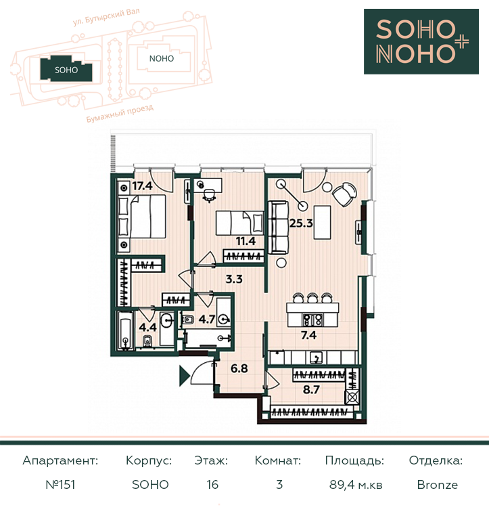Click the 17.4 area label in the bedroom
143,186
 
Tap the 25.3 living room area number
301,223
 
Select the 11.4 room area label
246,241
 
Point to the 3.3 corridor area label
234,279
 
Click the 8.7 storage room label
311,389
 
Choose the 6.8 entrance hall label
239,368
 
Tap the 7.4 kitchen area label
308,335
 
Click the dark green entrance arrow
184,376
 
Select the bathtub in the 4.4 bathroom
126,333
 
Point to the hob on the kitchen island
312,320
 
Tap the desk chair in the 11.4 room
209,195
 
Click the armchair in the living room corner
345,194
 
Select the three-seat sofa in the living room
277,227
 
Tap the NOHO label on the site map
162,59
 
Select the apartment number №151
61,485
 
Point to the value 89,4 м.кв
356,485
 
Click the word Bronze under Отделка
438,485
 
